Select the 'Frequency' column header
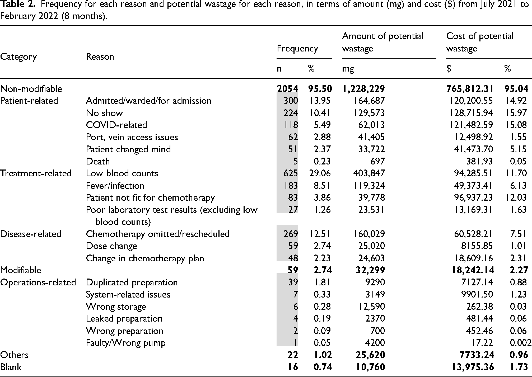[297, 49]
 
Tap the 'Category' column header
[18, 57]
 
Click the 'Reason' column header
[100, 56]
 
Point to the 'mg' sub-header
[348, 69]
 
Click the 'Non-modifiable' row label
[31, 89]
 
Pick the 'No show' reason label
[104, 113]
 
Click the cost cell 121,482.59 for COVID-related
[473, 125]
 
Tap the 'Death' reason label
[98, 161]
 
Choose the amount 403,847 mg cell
[369, 173]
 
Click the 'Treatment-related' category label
[36, 173]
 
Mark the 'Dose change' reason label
[111, 246]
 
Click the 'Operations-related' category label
[38, 282]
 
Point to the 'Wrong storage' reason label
[116, 307]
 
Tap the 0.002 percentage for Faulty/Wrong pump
[521, 343]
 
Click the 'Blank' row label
[11, 367]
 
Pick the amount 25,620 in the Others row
[370, 355]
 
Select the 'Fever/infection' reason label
[115, 186]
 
